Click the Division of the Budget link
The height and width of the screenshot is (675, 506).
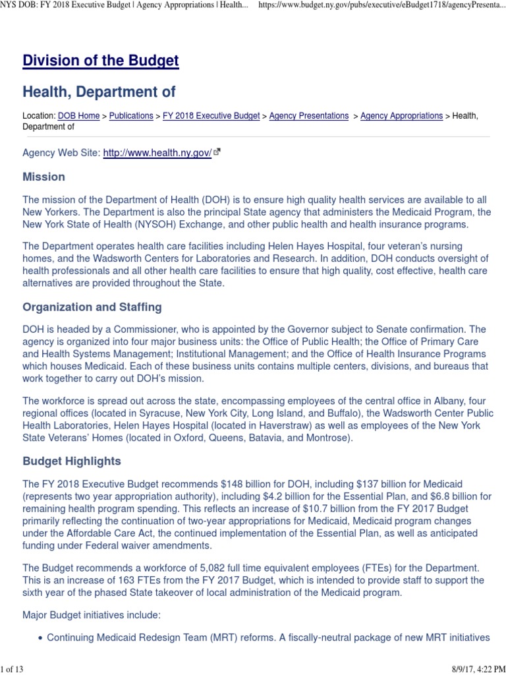click(x=100, y=61)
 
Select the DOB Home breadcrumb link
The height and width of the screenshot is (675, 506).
click(x=78, y=116)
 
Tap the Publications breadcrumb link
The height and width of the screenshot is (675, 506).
click(x=131, y=116)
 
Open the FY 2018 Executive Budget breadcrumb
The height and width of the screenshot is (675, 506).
click(x=211, y=116)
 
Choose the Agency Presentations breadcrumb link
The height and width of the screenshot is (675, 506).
click(x=309, y=116)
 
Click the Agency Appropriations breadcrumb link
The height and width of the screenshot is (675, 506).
click(x=401, y=116)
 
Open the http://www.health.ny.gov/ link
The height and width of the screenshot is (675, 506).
click(x=157, y=153)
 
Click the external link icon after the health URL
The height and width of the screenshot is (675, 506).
click(x=217, y=153)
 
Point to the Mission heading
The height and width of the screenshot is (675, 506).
click(x=43, y=177)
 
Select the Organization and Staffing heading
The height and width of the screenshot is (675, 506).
click(x=92, y=307)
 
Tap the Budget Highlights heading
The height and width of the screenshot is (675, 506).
click(x=71, y=461)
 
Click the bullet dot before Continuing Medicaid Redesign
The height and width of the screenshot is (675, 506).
click(x=41, y=638)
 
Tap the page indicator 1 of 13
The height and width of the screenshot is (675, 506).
click(x=13, y=669)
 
